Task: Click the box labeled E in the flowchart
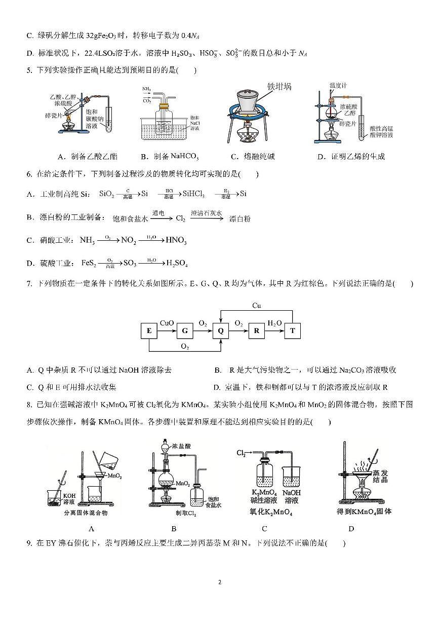149,331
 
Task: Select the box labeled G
185,331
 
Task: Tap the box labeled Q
221,331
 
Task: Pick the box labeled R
257,331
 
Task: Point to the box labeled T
292,331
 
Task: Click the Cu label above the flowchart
257,306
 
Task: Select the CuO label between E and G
167,323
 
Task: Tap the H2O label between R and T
274,323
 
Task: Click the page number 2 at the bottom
219,582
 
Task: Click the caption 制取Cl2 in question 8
174,513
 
